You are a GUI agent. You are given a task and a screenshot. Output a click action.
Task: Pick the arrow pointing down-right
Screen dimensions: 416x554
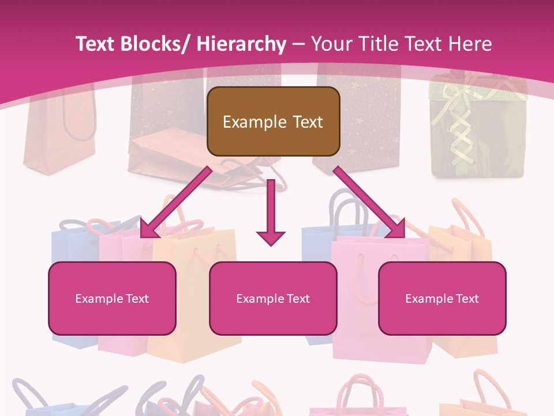pos(369,203)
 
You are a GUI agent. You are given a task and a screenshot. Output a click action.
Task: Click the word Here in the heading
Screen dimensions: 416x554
pos(470,44)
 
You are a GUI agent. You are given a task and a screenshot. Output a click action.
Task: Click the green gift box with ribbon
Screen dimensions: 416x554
pos(477,130)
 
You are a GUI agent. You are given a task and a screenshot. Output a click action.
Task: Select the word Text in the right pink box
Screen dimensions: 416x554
pos(467,299)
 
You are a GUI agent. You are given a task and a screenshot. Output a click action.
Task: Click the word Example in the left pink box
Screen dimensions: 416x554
pos(99,299)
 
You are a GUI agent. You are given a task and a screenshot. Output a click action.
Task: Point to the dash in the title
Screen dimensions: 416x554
pos(298,44)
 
